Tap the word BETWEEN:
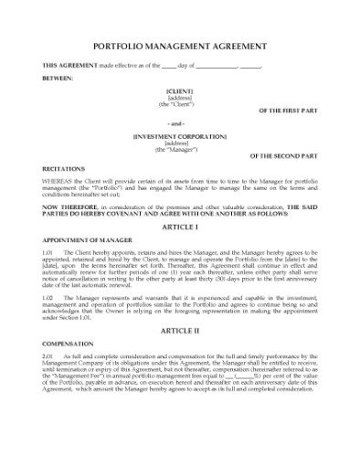58,78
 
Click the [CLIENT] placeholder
179,91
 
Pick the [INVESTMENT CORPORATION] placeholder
179,137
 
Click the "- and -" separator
179,123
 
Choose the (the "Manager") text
179,150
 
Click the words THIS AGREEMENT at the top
69,65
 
